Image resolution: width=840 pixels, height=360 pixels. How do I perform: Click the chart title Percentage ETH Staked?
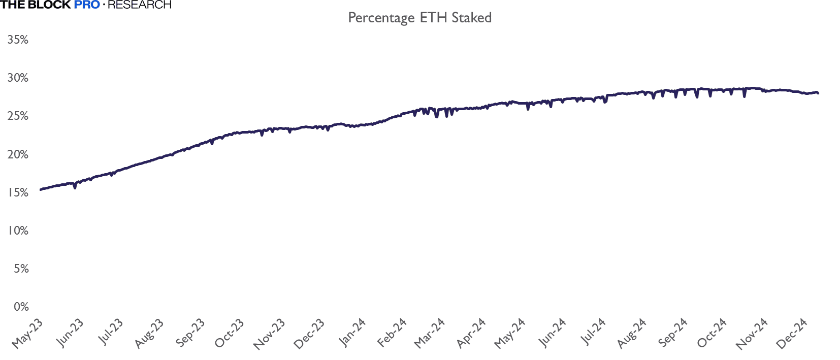pos(419,18)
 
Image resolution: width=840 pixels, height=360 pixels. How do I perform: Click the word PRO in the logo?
pos(87,5)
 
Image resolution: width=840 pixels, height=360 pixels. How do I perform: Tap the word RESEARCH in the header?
pos(140,5)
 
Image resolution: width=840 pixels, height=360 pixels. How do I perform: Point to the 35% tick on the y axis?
pos(18,40)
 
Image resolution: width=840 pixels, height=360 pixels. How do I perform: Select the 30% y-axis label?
pos(18,78)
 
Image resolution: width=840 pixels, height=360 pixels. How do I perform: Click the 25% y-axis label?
pos(18,116)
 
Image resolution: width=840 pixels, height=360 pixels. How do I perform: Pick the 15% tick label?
pos(18,192)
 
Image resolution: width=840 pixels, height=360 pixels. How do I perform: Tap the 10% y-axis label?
pos(18,231)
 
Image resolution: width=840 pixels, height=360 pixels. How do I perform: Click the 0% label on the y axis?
pos(21,307)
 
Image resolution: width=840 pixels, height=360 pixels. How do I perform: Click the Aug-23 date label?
pos(149,334)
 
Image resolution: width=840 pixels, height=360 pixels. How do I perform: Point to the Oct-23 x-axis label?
pos(230,334)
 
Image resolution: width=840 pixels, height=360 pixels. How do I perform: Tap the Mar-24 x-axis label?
pos(430,334)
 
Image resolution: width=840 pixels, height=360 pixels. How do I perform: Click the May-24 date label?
pos(510,334)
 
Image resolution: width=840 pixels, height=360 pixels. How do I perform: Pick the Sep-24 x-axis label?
pos(672,333)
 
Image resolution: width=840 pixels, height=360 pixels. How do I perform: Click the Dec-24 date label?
pos(792,334)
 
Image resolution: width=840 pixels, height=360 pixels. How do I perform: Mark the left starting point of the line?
pos(41,190)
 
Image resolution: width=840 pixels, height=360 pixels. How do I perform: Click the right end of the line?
pos(818,93)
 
